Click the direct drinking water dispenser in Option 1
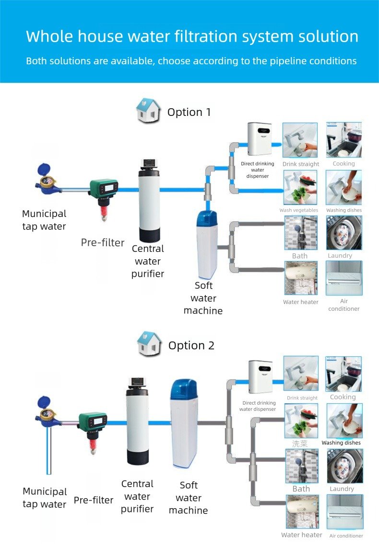pyautogui.click(x=259, y=139)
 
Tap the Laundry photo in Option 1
pyautogui.click(x=344, y=233)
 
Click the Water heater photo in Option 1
pyautogui.click(x=301, y=279)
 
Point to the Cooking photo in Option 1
pyautogui.click(x=344, y=140)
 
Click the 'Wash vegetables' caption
pyautogui.click(x=299, y=210)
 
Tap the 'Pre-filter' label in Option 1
pyautogui.click(x=103, y=242)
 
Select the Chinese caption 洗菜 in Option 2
pyautogui.click(x=300, y=443)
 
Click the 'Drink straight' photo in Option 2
pyautogui.click(x=301, y=375)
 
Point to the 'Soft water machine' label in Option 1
pyautogui.click(x=203, y=298)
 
